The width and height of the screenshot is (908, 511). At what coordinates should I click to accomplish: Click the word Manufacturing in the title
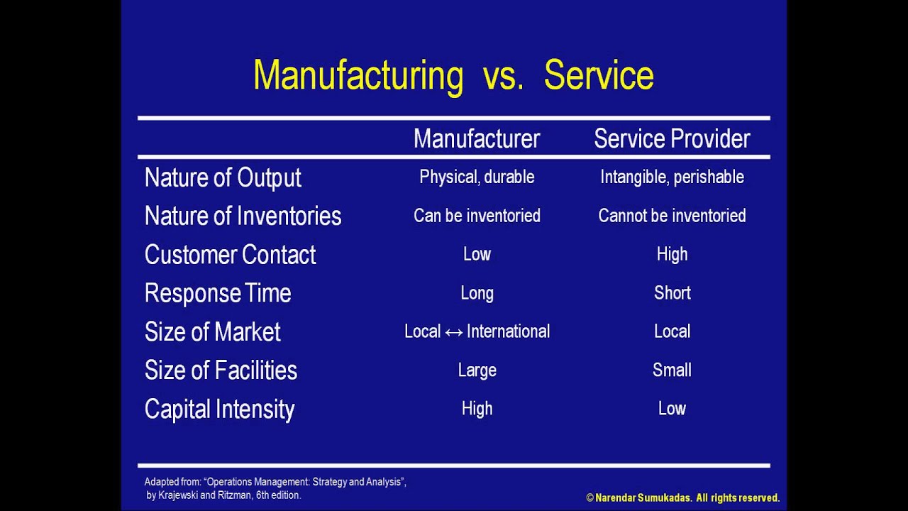point(358,76)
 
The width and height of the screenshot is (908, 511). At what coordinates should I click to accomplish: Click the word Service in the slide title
point(599,76)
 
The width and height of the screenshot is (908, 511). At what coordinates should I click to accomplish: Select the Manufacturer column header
point(477,138)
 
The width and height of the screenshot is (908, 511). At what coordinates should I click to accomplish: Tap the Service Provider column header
point(672,138)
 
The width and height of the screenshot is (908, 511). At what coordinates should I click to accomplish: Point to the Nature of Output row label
point(223,177)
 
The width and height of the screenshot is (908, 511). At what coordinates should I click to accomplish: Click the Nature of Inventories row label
point(243,216)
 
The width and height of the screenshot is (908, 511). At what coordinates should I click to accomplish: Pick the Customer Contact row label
point(230,254)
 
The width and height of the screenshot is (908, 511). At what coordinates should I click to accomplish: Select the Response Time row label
point(218,293)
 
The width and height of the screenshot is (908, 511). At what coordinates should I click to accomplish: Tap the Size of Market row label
point(212,331)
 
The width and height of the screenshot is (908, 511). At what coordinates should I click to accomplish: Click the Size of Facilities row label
point(221,370)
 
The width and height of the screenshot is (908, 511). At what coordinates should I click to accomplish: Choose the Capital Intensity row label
point(219,409)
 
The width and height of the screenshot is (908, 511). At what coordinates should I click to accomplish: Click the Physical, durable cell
point(477,177)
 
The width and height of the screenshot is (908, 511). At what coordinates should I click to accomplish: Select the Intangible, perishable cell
point(672,177)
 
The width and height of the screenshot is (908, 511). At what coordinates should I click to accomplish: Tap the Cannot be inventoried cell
point(672,216)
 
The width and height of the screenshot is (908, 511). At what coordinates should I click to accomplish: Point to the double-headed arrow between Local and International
point(454,332)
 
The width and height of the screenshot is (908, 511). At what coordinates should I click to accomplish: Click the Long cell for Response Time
point(477,293)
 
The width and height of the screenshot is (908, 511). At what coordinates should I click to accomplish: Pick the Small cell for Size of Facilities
point(672,370)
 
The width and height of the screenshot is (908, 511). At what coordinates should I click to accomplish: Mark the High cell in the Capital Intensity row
point(477,409)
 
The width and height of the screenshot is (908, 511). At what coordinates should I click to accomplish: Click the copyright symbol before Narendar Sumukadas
point(590,498)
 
